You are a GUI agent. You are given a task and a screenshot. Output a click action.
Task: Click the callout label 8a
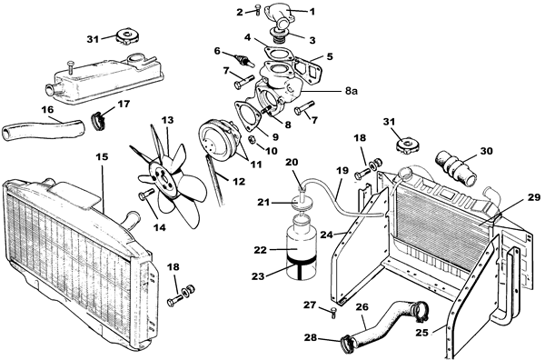(352, 91)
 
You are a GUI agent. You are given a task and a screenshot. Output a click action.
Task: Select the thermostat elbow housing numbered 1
(278, 17)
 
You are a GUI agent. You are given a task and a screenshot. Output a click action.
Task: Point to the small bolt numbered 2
(257, 9)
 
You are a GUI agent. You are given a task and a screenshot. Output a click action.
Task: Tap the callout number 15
(102, 157)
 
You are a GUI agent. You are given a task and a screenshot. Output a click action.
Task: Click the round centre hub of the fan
(163, 175)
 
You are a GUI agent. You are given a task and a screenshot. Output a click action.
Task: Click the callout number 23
(259, 275)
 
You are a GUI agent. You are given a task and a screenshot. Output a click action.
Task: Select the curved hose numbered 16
(43, 127)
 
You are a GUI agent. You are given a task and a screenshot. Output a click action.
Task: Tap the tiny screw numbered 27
(333, 312)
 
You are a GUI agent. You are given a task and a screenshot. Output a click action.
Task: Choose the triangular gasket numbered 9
(249, 115)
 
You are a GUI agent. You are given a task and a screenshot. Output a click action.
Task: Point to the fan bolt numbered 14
(146, 194)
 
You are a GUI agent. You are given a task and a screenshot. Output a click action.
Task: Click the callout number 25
(422, 333)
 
